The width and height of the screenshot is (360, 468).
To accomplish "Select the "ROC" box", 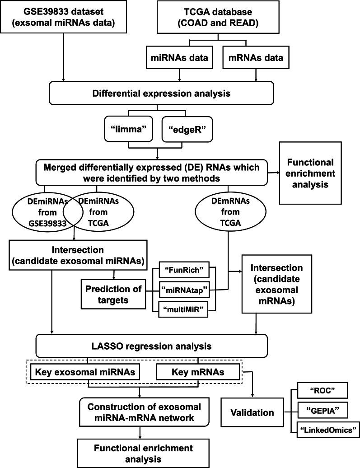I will [x=319, y=389].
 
